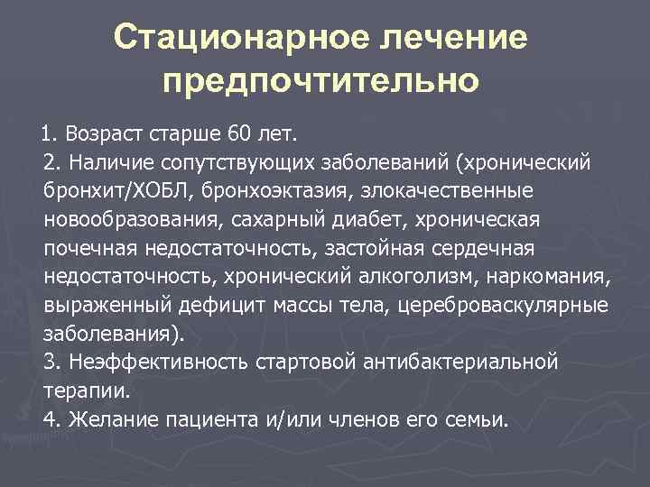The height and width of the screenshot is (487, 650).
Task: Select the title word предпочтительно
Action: pos(320,80)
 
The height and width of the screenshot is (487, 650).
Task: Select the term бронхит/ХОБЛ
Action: pos(117,191)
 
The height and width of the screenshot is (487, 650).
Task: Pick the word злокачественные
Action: pos(450,191)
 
